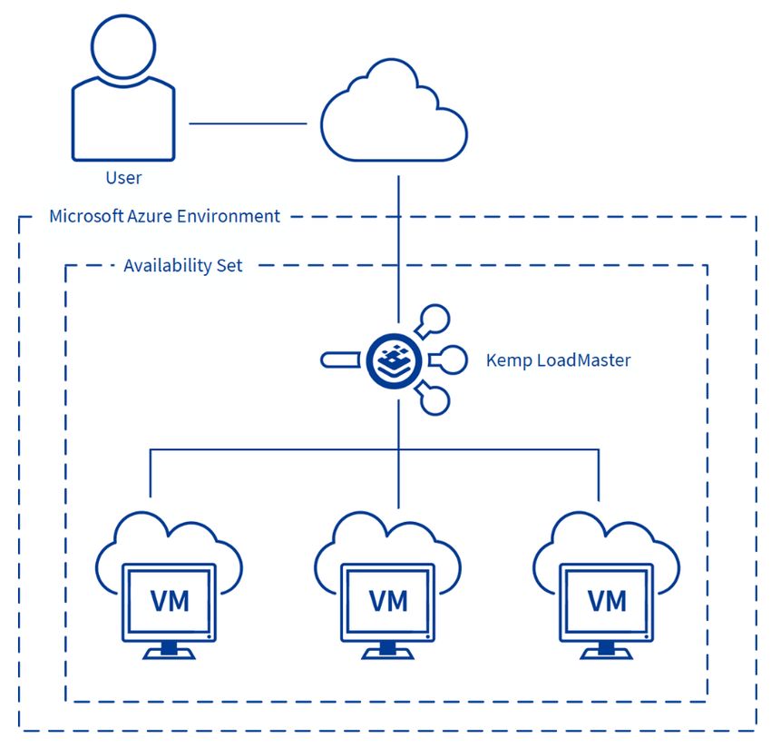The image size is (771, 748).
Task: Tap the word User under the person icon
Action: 123,178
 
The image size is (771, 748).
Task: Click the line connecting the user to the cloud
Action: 248,123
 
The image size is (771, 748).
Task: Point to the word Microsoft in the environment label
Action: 86,216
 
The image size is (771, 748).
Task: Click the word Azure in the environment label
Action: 150,217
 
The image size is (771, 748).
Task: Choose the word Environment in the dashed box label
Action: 229,217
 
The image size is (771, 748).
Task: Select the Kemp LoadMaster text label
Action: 558,360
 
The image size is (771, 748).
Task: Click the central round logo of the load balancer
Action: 394,361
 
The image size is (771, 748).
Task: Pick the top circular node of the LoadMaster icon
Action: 435,319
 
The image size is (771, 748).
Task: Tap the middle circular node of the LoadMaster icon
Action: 453,359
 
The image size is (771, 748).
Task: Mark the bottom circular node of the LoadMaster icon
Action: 435,400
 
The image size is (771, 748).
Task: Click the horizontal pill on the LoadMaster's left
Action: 340,359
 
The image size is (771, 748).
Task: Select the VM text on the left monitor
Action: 170,601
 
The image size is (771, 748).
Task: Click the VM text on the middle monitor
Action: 388,601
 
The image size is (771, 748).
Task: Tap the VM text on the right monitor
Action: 607,601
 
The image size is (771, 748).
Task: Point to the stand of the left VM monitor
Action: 169,651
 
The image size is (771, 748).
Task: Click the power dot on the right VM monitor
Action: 647,636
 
